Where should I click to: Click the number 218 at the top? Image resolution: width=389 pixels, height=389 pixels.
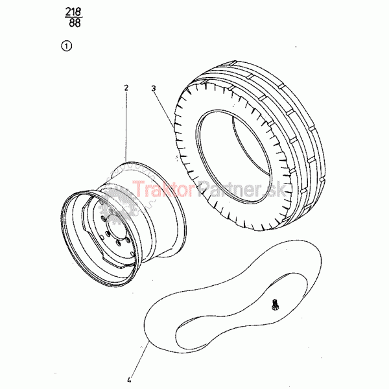[x=73, y=12]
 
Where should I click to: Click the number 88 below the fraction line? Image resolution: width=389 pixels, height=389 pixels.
[x=75, y=23]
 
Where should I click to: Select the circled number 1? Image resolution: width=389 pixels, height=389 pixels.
[x=66, y=46]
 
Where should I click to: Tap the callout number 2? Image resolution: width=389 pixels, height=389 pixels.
[x=126, y=88]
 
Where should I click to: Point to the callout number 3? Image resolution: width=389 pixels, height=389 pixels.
[x=154, y=88]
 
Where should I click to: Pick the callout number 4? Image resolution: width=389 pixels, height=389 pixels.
[x=129, y=380]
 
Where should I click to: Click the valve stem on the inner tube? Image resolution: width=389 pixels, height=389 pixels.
[x=275, y=305]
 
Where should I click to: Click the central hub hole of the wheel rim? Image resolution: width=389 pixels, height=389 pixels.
[x=116, y=226]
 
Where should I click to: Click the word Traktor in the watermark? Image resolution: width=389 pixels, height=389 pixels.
[x=164, y=189]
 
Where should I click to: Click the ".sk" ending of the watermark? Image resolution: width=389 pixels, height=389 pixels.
[x=275, y=189]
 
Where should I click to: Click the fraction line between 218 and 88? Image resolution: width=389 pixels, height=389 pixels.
[x=74, y=18]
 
